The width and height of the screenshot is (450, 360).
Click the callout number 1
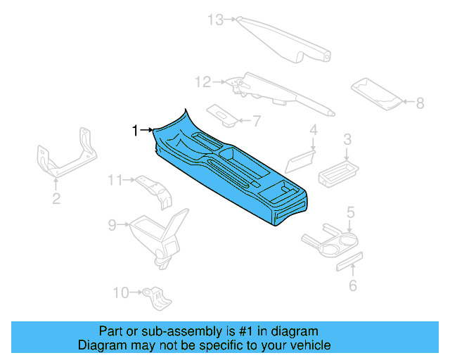(x=135, y=129)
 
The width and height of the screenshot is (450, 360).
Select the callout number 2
(x=56, y=199)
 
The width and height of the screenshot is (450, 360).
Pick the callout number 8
(x=420, y=103)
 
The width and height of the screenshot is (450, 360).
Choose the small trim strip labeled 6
(x=348, y=261)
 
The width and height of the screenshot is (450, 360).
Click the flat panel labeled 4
(x=300, y=159)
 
